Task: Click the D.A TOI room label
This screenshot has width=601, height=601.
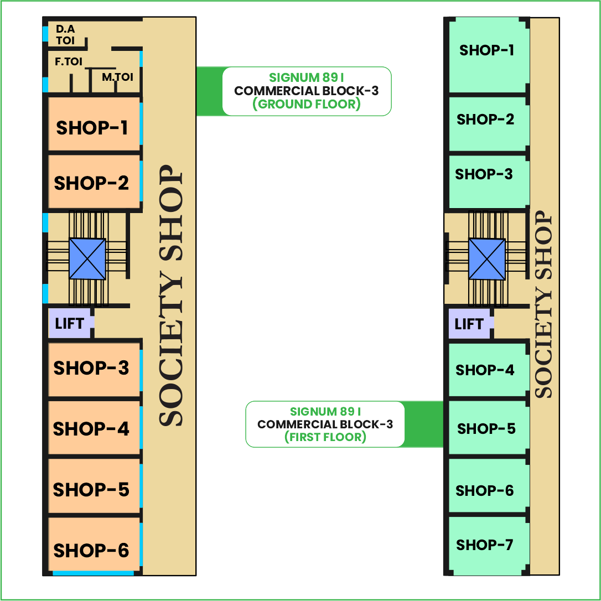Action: (65, 34)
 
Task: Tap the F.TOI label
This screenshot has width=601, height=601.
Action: (69, 62)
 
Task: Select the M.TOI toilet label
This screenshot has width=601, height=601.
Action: (117, 77)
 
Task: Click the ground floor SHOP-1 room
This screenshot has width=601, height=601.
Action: (92, 127)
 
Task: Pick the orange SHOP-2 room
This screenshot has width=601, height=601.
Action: (92, 183)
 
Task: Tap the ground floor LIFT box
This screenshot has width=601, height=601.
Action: (69, 323)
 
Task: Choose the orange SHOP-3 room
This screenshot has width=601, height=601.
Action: (92, 368)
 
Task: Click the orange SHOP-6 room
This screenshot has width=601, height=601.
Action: (92, 550)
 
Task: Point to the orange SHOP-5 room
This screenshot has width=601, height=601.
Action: (92, 490)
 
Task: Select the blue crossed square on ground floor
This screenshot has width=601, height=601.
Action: (87, 258)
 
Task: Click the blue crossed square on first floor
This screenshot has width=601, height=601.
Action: (487, 258)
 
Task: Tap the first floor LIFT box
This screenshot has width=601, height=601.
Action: (469, 324)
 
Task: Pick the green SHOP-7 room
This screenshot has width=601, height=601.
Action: (485, 545)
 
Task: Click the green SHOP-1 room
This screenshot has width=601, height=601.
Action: (487, 51)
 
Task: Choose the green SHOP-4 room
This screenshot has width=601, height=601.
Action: (485, 370)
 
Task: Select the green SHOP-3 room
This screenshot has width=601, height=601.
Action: (484, 175)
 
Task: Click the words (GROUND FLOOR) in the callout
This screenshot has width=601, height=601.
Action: (307, 104)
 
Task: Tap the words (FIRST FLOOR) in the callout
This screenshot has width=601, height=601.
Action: (325, 437)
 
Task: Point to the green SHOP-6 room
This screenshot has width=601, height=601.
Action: (485, 490)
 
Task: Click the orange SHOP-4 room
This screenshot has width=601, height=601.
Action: (92, 429)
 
